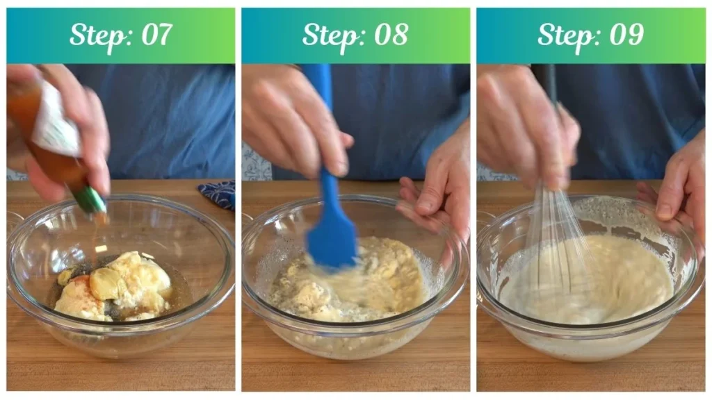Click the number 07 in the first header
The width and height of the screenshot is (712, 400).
pyautogui.click(x=156, y=35)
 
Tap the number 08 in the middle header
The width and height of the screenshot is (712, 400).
pyautogui.click(x=391, y=35)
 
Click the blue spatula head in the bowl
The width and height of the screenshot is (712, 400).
pyautogui.click(x=332, y=242)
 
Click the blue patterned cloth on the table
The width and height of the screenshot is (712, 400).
pyautogui.click(x=217, y=194)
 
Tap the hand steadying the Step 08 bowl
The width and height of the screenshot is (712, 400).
pyautogui.click(x=434, y=190)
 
